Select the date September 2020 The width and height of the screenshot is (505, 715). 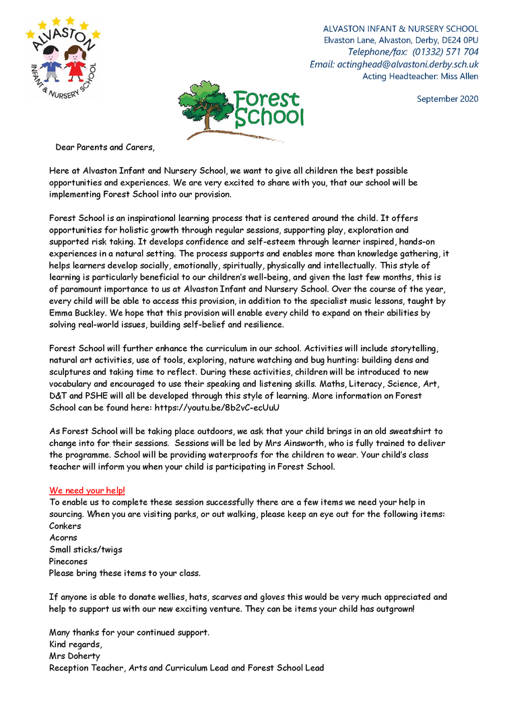[x=447, y=99]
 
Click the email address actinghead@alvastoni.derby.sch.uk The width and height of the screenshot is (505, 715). [x=394, y=64]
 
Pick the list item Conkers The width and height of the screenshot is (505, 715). [x=65, y=526]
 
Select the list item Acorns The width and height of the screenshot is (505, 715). [x=63, y=538]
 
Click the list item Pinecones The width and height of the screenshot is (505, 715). [x=68, y=561]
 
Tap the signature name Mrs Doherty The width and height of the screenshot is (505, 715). [x=74, y=656]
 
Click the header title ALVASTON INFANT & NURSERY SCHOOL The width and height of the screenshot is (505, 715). [x=401, y=29]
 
